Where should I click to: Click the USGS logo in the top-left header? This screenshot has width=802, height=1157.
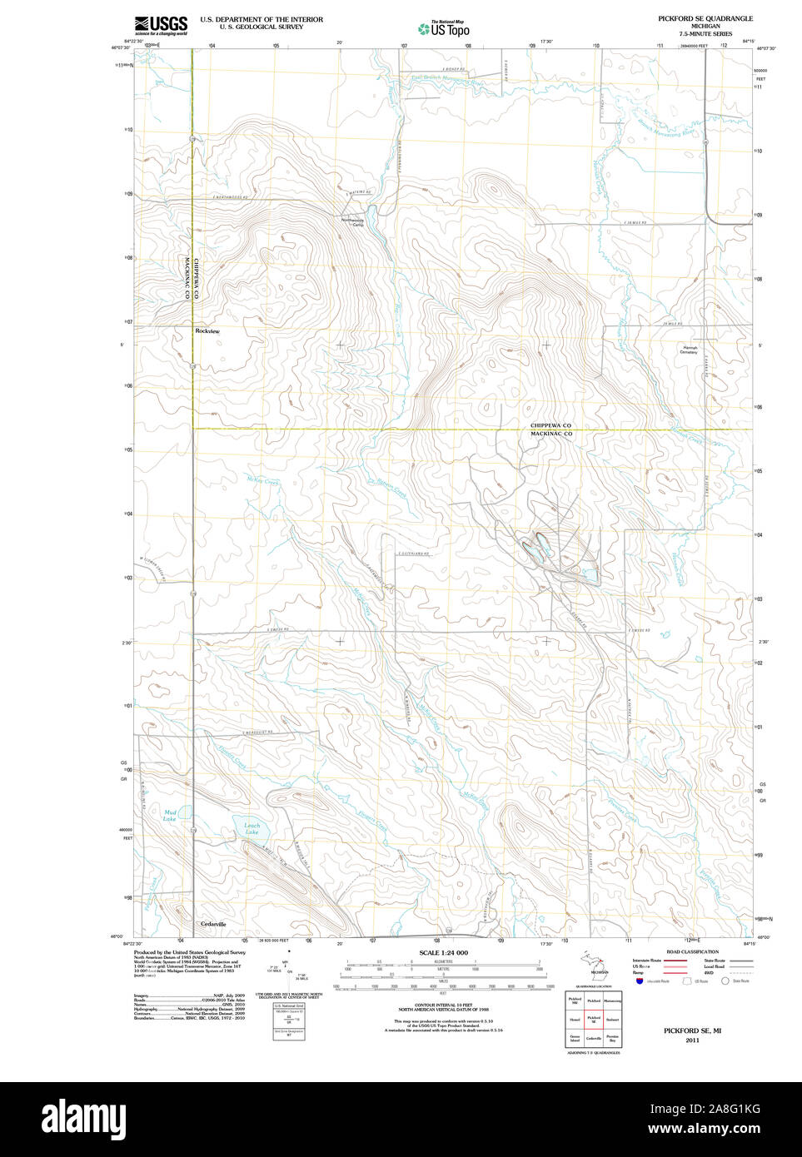pos(162,25)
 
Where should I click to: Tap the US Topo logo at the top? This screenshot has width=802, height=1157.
pos(445,28)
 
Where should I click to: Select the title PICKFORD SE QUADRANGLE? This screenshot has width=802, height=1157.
pos(705,18)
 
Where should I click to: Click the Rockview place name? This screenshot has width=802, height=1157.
pos(207,331)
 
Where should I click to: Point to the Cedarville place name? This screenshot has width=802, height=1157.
pos(213,924)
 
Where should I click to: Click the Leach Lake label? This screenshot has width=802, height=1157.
pos(252,829)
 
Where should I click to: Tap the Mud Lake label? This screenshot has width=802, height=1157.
pos(170,816)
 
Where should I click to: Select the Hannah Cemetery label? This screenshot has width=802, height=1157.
pos(689,350)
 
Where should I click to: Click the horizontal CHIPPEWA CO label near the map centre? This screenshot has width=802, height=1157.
pos(550,425)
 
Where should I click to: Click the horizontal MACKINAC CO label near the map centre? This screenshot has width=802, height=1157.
pos(550,434)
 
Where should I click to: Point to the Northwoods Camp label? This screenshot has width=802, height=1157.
pos(353,222)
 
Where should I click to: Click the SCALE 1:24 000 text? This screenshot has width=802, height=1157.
pos(443,952)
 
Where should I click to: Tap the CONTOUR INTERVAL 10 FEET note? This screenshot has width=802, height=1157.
pos(443,1005)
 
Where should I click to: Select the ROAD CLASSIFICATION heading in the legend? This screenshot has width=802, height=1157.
pos(692,951)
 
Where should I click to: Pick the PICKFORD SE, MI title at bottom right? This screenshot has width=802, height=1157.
pos(692,1030)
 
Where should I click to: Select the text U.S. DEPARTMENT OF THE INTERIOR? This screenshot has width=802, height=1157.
pos(261,19)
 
